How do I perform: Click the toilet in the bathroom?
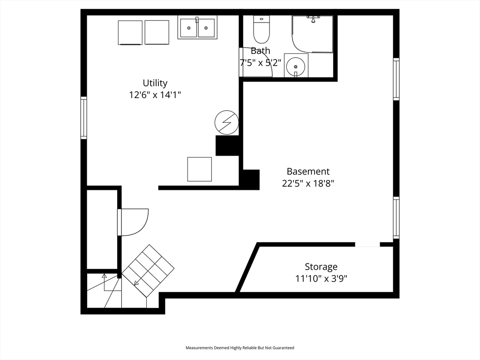[262, 30]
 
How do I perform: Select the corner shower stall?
[312, 34]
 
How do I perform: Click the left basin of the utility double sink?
[189, 28]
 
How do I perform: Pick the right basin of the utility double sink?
[206, 28]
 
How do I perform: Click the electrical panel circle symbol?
[226, 122]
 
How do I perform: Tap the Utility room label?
[155, 83]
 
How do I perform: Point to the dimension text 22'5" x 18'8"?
[308, 183]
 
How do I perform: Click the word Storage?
[321, 267]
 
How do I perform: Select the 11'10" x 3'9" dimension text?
[321, 278]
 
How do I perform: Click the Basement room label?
[308, 171]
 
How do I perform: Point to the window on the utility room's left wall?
[83, 118]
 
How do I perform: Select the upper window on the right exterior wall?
[396, 79]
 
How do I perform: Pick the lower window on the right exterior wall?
[396, 217]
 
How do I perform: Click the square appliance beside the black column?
[200, 169]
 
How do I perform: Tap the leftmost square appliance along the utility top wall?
[130, 32]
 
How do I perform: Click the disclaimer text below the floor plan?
[240, 348]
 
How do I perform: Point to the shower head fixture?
[313, 19]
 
